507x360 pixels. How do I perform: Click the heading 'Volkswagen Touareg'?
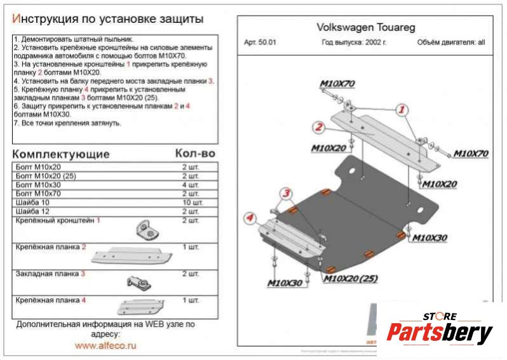[x=356, y=28]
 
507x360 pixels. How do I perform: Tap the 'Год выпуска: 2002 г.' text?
[x=353, y=43]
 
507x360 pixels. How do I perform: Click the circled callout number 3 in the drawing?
[x=287, y=194]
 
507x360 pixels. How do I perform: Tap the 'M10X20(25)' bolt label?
[x=351, y=278]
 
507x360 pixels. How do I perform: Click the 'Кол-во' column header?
[x=195, y=154]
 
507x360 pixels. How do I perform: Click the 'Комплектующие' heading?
[x=61, y=154]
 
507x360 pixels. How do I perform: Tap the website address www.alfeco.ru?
[x=105, y=346]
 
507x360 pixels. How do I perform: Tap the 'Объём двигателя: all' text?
[x=450, y=43]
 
